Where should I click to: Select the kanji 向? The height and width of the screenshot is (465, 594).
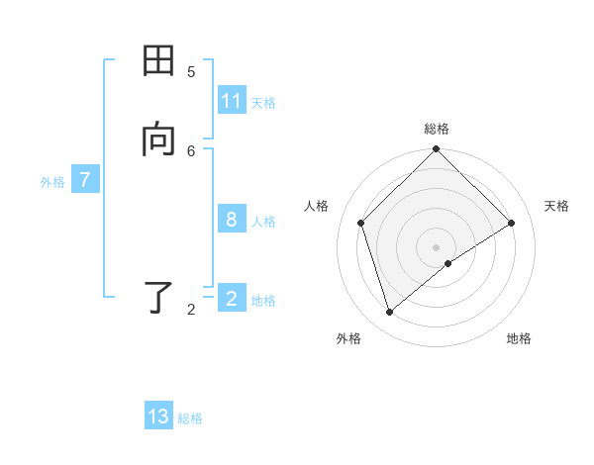[x=158, y=140]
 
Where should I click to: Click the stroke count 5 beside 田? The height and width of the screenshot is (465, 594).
[x=191, y=71]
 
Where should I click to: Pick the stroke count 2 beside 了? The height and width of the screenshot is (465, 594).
[x=191, y=310]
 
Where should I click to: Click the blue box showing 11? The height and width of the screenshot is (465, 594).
[x=232, y=101]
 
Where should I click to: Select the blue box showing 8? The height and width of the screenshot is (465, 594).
[x=232, y=220]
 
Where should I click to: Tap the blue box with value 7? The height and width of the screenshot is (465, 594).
[x=85, y=180]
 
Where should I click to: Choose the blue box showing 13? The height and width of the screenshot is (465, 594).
[x=158, y=417]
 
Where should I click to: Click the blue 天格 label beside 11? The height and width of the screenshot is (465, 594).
[x=263, y=103]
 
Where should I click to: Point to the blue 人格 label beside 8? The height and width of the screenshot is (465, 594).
[x=263, y=222]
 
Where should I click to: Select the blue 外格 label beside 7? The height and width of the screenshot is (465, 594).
[x=52, y=182]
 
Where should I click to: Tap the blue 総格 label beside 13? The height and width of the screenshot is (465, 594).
[x=190, y=418]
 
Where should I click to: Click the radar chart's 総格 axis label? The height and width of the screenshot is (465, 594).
[x=437, y=129]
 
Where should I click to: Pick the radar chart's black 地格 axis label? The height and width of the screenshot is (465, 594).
[x=519, y=338]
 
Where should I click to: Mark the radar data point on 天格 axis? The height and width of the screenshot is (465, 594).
[x=512, y=223]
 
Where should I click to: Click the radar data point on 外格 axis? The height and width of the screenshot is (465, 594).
[x=390, y=312]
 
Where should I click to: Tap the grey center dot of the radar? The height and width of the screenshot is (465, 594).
[x=437, y=246]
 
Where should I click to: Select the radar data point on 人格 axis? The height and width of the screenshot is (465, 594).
[x=361, y=223]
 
